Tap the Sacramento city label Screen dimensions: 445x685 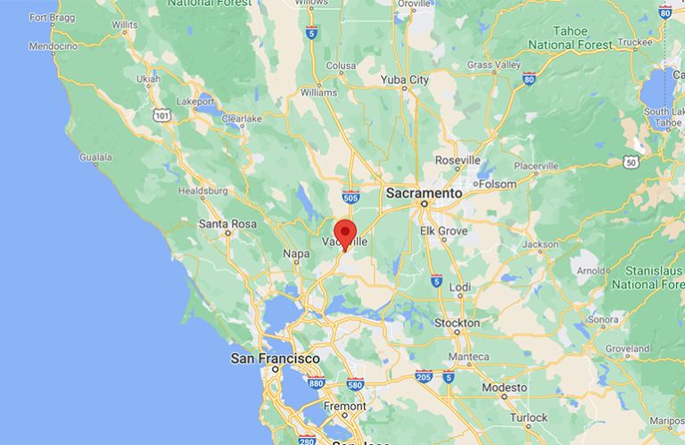pos(424,193)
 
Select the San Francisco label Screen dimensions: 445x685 pos(275,358)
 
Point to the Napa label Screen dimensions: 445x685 pos(296,254)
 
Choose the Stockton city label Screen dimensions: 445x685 pos(457,323)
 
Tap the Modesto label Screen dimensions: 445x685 pos(504,388)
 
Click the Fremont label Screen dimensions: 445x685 pos(344,406)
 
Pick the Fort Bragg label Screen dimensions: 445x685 pos(51,17)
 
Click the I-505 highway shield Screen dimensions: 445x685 pos(351,196)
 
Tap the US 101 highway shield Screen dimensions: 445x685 pos(161,115)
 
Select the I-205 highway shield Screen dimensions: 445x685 pos(424,376)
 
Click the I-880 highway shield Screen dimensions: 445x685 pos(314,383)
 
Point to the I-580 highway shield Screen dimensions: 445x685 pos(355,384)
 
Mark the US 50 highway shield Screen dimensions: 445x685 pos(631,161)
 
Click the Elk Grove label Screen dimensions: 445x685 pos(443,230)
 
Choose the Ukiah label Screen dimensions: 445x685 pos(149,78)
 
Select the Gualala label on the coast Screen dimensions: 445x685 pos(95,158)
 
